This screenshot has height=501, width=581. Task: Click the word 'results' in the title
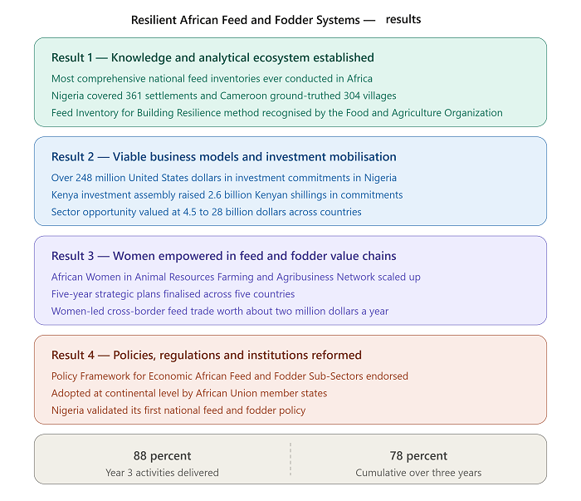(403, 19)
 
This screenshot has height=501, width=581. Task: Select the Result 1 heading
(212, 58)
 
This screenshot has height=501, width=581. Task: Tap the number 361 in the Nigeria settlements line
(134, 96)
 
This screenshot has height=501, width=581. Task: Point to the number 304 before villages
(352, 96)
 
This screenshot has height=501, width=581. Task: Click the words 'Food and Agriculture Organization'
(424, 113)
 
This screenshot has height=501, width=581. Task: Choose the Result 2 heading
(224, 157)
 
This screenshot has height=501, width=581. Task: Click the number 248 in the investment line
(84, 178)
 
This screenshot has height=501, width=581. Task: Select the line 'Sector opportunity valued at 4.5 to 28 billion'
(207, 212)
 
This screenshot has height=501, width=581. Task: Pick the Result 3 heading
(224, 256)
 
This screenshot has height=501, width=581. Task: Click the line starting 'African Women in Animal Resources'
(236, 277)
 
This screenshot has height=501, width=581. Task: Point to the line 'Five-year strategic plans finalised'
(173, 294)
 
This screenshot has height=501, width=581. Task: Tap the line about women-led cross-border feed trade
(220, 311)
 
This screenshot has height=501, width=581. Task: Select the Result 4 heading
(207, 356)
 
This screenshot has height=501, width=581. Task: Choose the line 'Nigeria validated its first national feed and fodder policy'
(178, 410)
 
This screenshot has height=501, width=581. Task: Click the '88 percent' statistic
(163, 456)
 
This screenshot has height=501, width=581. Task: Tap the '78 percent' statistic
(418, 456)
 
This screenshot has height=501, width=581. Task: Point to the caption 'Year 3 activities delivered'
(163, 473)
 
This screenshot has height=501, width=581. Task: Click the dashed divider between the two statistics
(290, 459)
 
